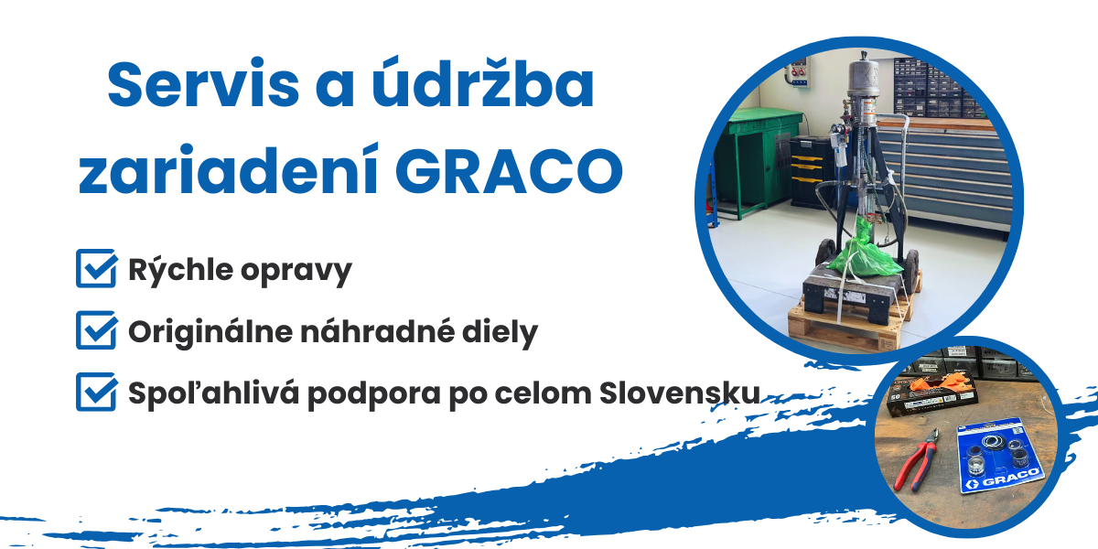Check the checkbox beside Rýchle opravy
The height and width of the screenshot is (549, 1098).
pyautogui.click(x=95, y=270)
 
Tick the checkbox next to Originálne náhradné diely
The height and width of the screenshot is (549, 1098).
pyautogui.click(x=95, y=331)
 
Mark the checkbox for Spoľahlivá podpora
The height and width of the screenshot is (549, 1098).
pyautogui.click(x=95, y=393)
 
